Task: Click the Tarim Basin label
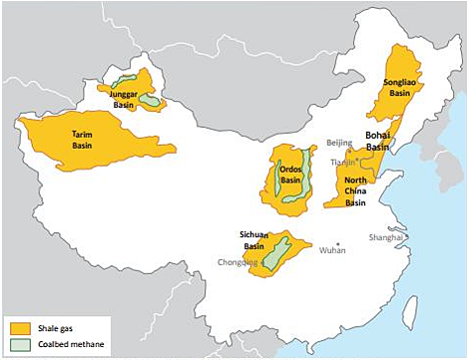point(82,138)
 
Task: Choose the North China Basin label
point(355,188)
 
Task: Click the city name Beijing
point(339,144)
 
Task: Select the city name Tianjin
point(342,162)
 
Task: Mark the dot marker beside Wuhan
point(338,244)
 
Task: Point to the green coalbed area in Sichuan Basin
point(278,248)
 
